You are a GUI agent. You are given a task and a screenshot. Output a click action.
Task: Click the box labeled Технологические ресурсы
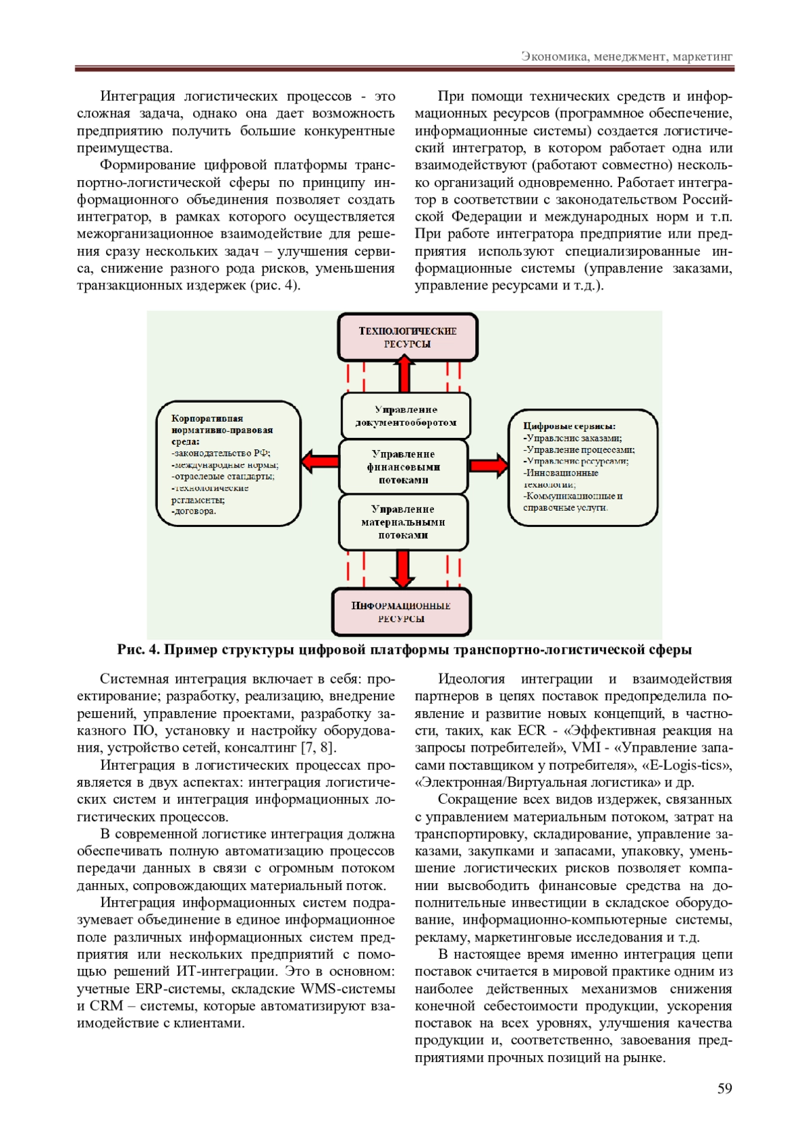(408, 337)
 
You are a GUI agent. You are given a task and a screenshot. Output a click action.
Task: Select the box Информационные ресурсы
(402, 612)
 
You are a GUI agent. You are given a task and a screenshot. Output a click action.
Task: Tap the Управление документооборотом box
(406, 416)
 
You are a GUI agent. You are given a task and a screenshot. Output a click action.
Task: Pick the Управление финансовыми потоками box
(403, 467)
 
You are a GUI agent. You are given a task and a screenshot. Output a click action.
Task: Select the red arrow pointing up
(404, 374)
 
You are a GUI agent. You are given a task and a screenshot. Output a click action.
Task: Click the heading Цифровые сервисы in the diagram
(569, 426)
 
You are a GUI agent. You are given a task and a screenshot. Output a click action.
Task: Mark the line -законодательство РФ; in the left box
(221, 453)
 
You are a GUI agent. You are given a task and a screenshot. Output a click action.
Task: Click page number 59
(724, 1088)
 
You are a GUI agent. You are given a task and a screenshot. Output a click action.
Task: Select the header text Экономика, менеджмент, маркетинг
(626, 57)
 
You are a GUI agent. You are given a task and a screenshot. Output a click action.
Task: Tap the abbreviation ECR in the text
(531, 731)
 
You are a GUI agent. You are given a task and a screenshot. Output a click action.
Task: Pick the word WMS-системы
(348, 989)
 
